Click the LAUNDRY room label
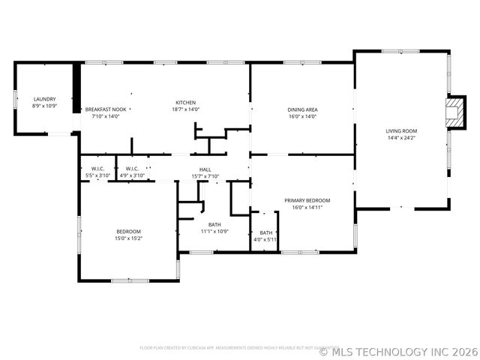45,99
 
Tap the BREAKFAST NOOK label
105,109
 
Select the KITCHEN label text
186,103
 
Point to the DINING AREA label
302,109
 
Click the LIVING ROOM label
401,130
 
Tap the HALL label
205,169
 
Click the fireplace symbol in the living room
454,112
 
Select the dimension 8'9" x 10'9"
45,106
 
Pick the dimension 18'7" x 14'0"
186,109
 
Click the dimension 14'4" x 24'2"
401,138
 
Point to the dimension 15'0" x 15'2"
128,238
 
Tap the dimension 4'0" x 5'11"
266,240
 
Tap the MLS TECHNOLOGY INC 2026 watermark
398,351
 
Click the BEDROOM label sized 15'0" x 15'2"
128,231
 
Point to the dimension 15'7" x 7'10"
205,176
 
